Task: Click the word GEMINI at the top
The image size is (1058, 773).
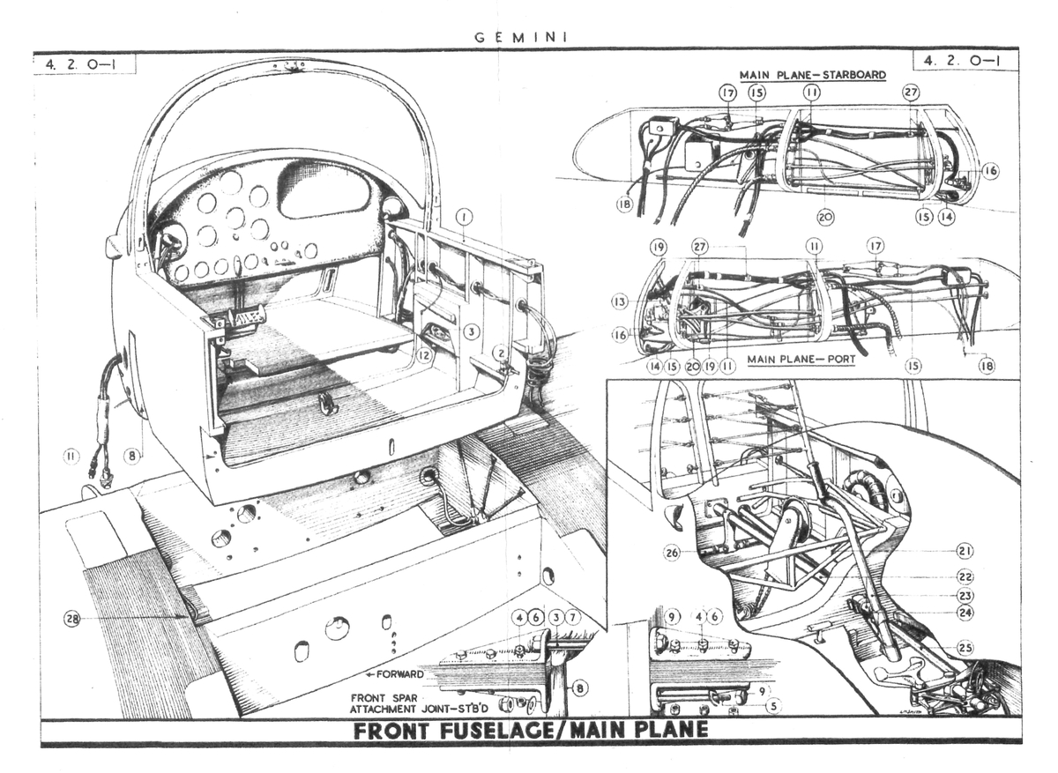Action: point(520,37)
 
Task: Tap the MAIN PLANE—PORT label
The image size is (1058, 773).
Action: point(801,360)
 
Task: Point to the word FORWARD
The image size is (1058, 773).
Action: point(399,674)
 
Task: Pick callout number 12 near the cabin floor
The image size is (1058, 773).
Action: point(425,355)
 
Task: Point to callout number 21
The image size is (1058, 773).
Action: point(964,551)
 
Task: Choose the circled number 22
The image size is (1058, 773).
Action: point(964,576)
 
